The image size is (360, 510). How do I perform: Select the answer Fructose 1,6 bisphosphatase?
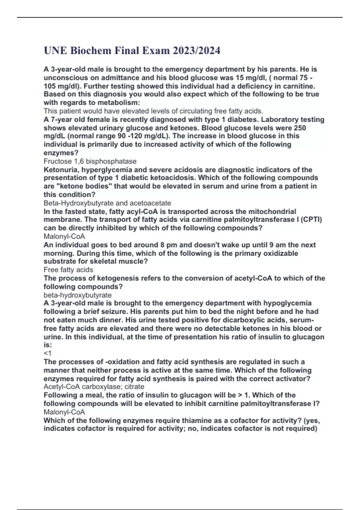pyautogui.click(x=90, y=161)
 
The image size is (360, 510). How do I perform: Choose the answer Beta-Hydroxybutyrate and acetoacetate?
pyautogui.click(x=107, y=203)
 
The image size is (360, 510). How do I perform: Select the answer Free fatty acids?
pyautogui.click(x=68, y=270)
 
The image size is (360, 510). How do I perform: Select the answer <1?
pyautogui.click(x=47, y=353)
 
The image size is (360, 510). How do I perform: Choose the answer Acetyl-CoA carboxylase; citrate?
pyautogui.click(x=94, y=387)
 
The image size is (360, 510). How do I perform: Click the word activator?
pyautogui.click(x=292, y=379)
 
